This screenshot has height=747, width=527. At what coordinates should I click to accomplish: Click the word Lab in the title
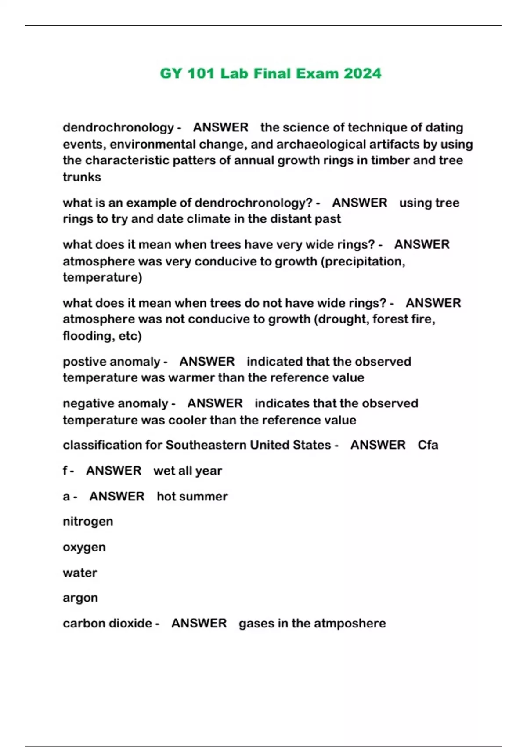[x=234, y=73]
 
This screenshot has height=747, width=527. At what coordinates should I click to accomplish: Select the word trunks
[x=82, y=177]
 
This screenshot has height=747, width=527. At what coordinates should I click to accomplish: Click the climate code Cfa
[x=428, y=445]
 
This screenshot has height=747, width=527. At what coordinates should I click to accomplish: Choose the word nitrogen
[x=88, y=522]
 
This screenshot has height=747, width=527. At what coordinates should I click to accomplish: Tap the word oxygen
[x=84, y=548]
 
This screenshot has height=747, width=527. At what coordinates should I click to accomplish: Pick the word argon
[x=80, y=598]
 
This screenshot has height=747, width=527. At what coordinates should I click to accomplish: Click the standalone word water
[x=80, y=573]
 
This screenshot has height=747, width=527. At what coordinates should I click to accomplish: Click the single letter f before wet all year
[x=65, y=471]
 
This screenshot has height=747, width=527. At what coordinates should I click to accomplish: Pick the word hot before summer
[x=166, y=496]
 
